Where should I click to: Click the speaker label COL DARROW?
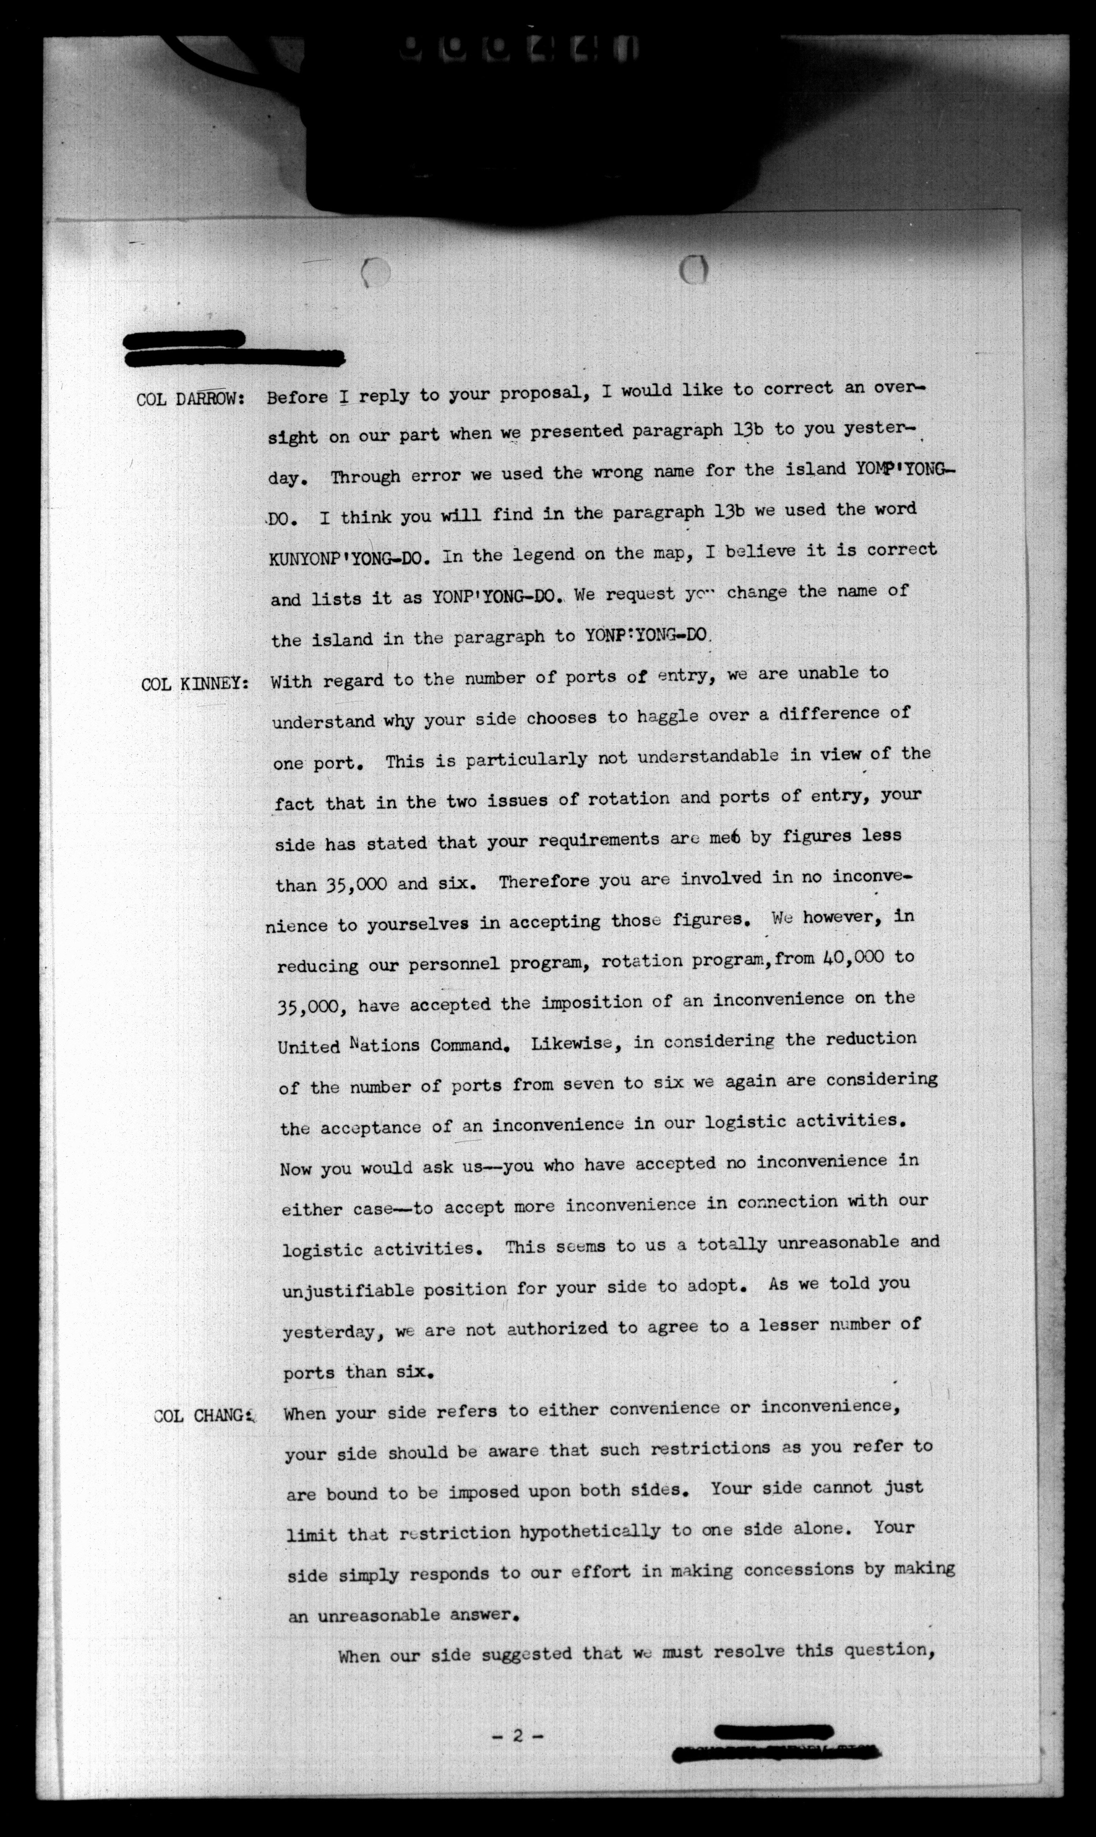[x=191, y=400]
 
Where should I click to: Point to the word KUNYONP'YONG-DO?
[x=349, y=559]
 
